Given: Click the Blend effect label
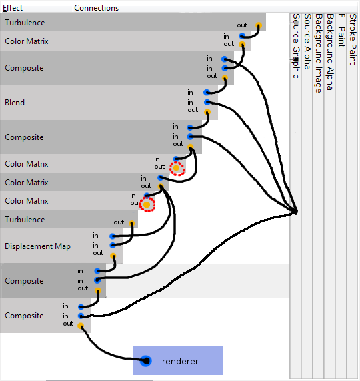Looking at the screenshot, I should (x=15, y=103).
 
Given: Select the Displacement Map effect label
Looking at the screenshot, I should (x=37, y=246).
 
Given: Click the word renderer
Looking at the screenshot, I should (x=180, y=362).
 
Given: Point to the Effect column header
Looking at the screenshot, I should (x=13, y=8).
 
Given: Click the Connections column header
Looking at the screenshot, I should (x=96, y=8).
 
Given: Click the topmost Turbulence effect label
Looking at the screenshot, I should (x=25, y=23).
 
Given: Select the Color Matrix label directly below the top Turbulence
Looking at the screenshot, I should (x=27, y=41).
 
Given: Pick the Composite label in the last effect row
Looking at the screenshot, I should (x=24, y=316).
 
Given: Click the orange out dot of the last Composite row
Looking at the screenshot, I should (x=81, y=326).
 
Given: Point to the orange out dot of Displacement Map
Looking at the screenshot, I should (x=113, y=254).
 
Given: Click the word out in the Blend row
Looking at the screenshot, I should (x=192, y=111).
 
